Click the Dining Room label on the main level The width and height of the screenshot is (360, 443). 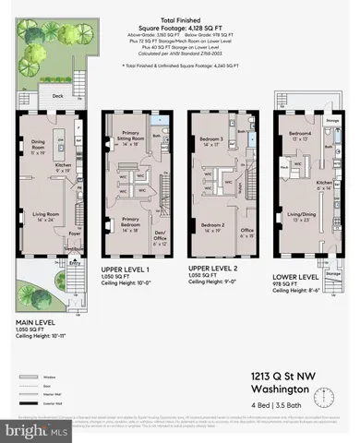click(x=39, y=145)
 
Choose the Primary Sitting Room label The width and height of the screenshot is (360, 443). click(x=129, y=140)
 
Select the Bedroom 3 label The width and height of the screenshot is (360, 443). click(x=214, y=140)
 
